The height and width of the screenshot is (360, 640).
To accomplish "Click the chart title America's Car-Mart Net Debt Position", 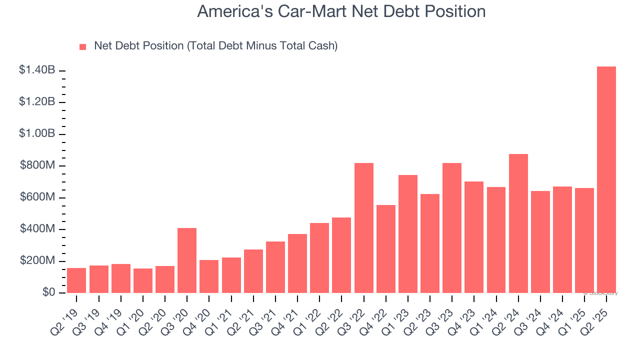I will tap(341, 11).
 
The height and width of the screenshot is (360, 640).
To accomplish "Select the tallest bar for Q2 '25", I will tap(606, 180).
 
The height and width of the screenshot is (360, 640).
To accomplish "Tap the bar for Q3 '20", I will tap(187, 260).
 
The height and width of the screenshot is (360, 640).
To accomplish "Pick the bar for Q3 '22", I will tap(364, 228).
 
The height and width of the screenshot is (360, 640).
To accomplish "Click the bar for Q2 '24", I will tap(518, 223).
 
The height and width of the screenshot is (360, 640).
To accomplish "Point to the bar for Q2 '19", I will tap(76, 280).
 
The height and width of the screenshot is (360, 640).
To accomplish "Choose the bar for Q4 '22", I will tap(386, 249).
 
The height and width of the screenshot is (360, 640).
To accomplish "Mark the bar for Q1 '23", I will tap(408, 234).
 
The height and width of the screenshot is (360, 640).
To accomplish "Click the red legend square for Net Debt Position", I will tap(83, 46).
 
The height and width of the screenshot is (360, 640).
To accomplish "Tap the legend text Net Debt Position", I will tap(215, 46).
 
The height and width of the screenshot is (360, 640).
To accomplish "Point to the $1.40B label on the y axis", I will tap(37, 70).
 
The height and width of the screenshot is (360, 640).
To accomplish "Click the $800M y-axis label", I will tap(37, 166).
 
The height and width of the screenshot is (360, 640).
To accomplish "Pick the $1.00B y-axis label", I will tap(37, 134).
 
